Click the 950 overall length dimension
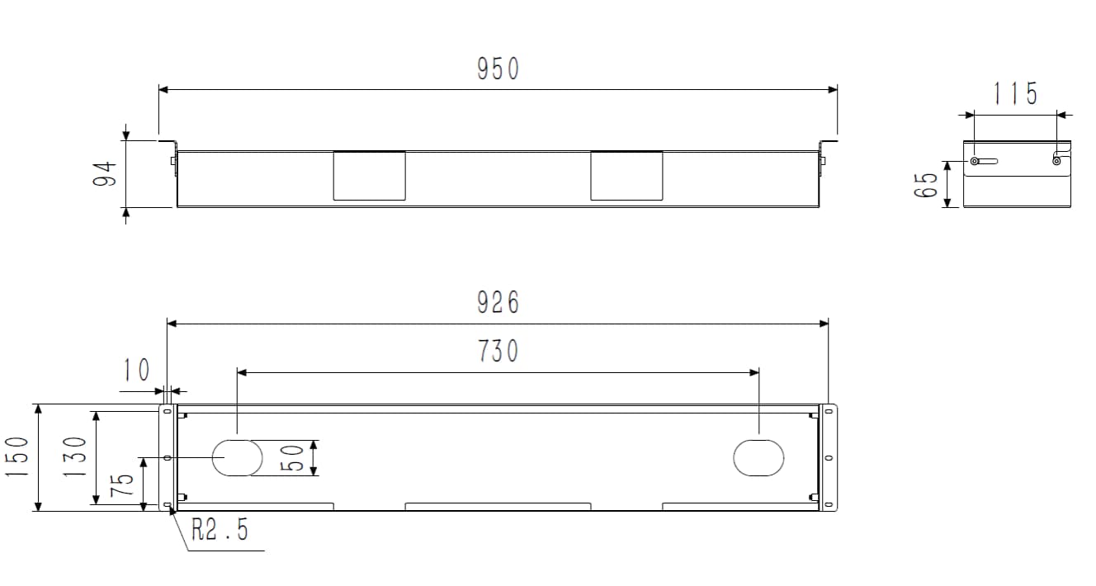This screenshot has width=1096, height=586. point(498,69)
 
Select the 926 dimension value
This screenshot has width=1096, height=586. point(498,303)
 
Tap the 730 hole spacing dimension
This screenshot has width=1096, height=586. point(498,351)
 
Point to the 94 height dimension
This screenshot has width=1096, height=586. point(106,173)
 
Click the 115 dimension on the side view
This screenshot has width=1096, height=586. point(1015,94)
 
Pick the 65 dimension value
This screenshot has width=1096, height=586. point(927,184)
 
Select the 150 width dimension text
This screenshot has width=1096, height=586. point(18,457)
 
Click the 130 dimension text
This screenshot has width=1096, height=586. point(76,457)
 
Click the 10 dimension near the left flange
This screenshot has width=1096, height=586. point(136,371)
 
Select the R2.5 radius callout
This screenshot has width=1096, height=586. point(220,530)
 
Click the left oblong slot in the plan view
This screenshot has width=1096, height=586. point(238,458)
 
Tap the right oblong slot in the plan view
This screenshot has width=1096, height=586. point(758,458)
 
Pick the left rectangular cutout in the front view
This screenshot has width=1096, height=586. point(369,175)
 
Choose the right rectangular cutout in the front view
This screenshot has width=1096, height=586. point(626,175)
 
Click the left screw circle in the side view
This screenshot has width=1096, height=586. point(975,162)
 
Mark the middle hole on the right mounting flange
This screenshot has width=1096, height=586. point(829,458)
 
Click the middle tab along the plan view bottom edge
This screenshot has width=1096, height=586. point(498,506)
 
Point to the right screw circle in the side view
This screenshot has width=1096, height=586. point(1056,161)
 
